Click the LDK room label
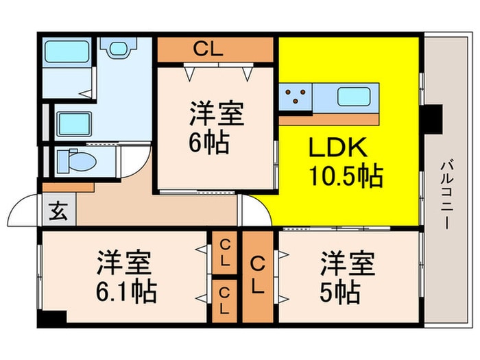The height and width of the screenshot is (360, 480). click(337, 147)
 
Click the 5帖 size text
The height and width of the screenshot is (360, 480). click(340, 292)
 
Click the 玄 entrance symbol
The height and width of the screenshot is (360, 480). click(58, 211)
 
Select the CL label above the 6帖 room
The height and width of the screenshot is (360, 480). click(208, 49)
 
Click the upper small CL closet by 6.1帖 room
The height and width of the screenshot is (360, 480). click(224, 253)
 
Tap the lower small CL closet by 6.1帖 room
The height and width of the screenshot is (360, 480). click(224, 301)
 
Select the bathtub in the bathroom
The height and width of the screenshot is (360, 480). click(67, 51)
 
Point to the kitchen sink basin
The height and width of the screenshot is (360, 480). click(354, 97)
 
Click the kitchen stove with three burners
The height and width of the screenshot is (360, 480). click(296, 96)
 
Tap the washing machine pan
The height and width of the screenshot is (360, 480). click(74, 124)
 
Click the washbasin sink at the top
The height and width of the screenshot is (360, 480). click(118, 49)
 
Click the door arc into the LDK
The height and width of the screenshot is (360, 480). click(258, 208)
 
